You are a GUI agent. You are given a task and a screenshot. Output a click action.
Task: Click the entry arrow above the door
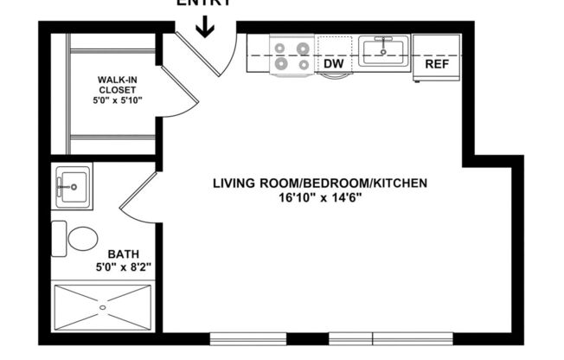(x=205, y=28)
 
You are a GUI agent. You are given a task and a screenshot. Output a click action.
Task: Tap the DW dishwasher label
(x=333, y=63)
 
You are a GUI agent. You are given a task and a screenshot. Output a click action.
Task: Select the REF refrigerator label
(x=435, y=63)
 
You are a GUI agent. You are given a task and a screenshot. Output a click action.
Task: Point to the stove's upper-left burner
(x=282, y=46)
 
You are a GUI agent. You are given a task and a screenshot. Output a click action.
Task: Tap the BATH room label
(x=120, y=254)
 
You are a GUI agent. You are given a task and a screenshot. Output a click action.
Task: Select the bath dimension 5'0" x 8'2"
(x=120, y=268)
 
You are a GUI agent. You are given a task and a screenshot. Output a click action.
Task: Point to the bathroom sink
(x=71, y=183)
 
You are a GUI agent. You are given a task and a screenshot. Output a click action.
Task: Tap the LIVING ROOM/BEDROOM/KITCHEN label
(x=321, y=183)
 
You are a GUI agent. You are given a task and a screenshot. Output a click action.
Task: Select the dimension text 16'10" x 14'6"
(x=321, y=197)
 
